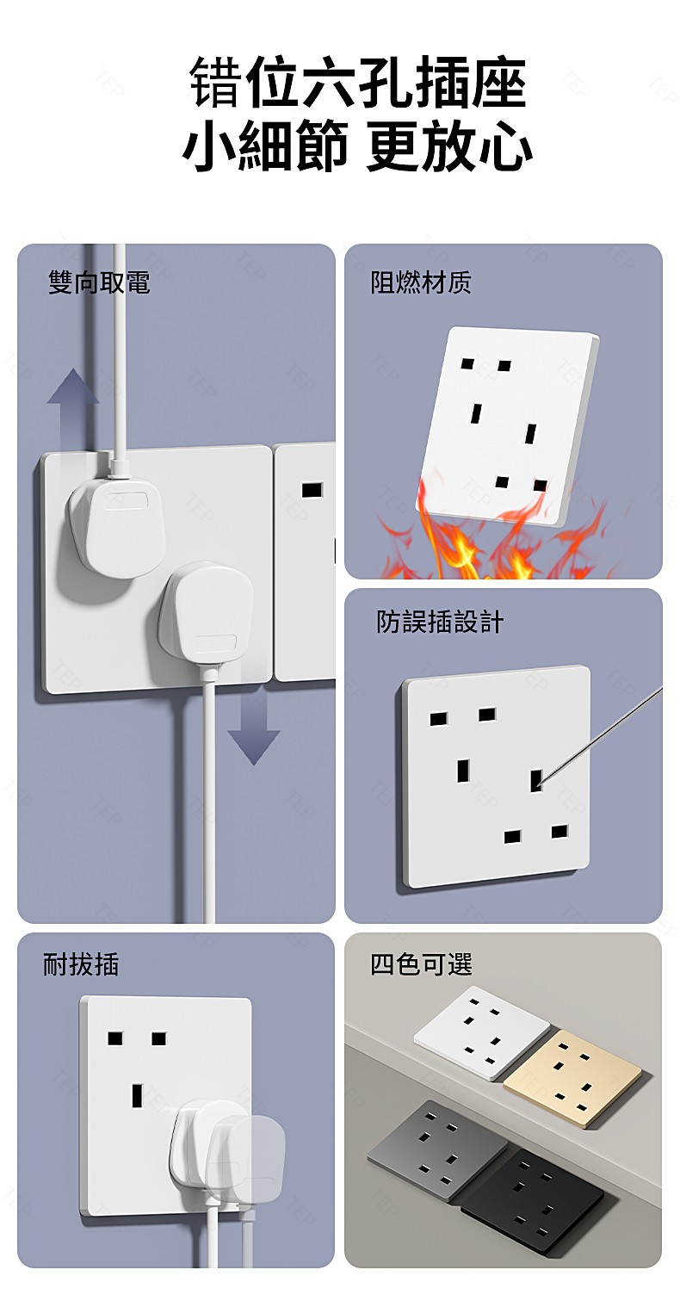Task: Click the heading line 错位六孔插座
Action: (x=357, y=84)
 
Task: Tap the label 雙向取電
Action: (x=99, y=282)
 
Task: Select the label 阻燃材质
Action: (x=421, y=282)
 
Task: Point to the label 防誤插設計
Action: (x=440, y=622)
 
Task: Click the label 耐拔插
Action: (x=81, y=964)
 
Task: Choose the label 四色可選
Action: (x=421, y=964)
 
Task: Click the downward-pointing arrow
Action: (x=253, y=732)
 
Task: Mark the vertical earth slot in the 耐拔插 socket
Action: (x=137, y=1095)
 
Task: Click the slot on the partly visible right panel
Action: (x=312, y=491)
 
